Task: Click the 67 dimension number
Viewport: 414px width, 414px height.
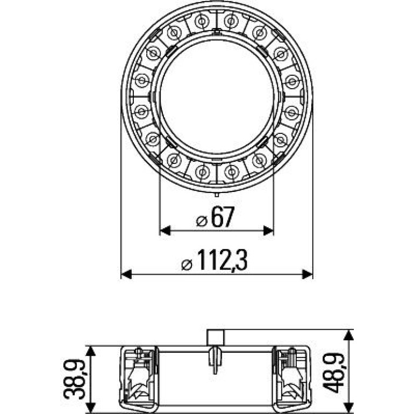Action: tap(223, 217)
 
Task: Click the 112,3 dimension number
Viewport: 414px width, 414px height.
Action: tap(222, 260)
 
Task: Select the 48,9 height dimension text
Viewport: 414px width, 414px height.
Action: tap(333, 373)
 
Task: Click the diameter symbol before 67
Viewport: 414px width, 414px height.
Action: tap(202, 221)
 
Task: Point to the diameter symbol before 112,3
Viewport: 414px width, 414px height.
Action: tap(187, 265)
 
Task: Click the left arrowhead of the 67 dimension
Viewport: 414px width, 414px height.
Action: tap(165, 231)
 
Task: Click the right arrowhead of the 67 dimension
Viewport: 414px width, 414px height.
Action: tap(268, 231)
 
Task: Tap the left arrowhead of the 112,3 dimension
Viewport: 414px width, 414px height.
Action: tap(126, 274)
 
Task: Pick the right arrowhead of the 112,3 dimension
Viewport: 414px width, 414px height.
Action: tap(308, 274)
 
